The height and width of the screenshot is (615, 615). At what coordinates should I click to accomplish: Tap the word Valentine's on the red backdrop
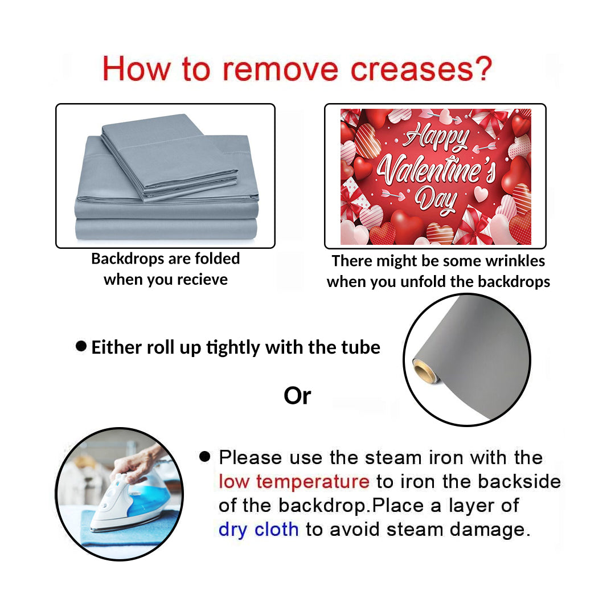click(x=436, y=169)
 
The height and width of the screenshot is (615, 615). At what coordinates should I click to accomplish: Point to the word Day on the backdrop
click(x=436, y=201)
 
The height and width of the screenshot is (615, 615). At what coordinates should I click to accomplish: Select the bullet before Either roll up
click(x=81, y=346)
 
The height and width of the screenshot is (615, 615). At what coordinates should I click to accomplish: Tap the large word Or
click(x=297, y=396)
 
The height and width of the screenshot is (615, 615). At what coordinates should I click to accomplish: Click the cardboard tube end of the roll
click(x=424, y=370)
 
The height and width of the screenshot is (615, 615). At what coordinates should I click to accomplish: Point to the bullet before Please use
click(x=205, y=456)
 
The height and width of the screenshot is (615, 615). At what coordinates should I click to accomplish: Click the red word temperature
click(x=313, y=482)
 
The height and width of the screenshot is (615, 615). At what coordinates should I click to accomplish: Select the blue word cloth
click(x=277, y=530)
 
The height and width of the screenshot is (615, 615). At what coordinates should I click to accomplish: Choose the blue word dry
click(x=233, y=530)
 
